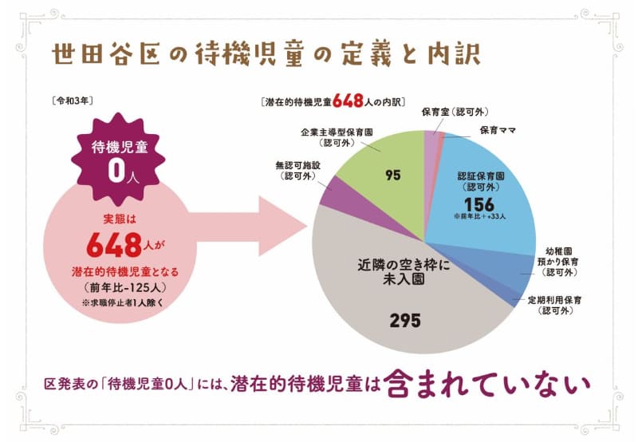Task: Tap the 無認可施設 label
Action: (x=297, y=171)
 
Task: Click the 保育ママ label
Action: (x=500, y=129)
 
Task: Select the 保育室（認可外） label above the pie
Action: (x=455, y=112)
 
